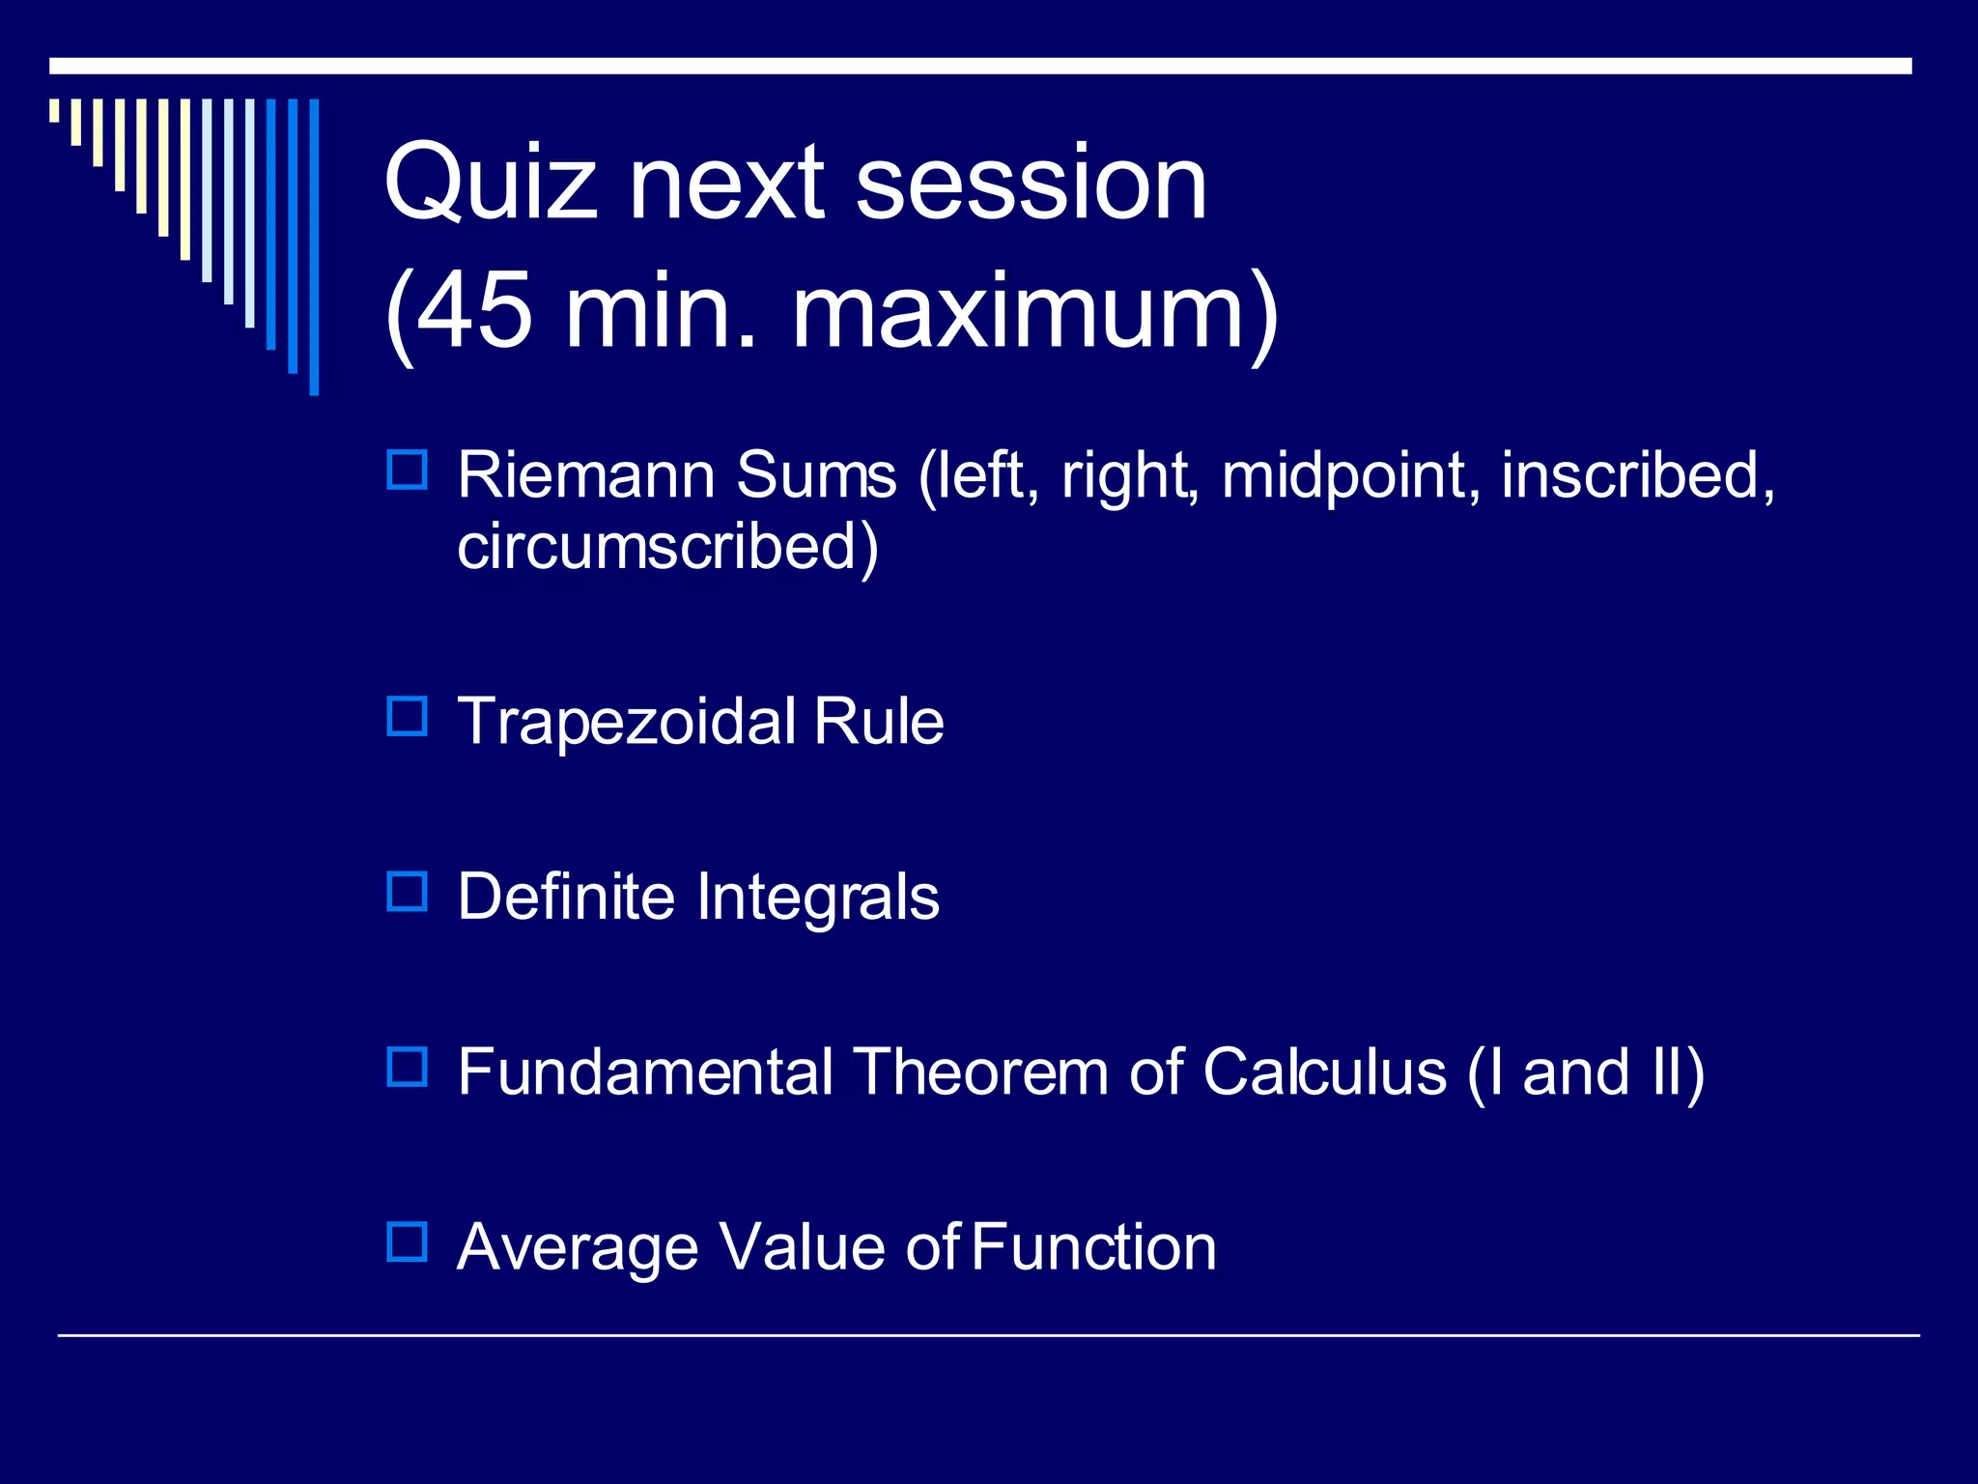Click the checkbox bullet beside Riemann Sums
[407, 471]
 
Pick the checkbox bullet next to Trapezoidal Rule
[407, 717]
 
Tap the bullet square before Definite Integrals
[407, 892]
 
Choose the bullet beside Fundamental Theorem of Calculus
[407, 1068]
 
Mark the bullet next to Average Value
[407, 1242]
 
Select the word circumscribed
[657, 547]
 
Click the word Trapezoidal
[627, 722]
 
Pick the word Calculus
[1324, 1072]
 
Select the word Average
[577, 1248]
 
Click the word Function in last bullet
[1093, 1248]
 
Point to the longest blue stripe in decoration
[314, 246]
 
